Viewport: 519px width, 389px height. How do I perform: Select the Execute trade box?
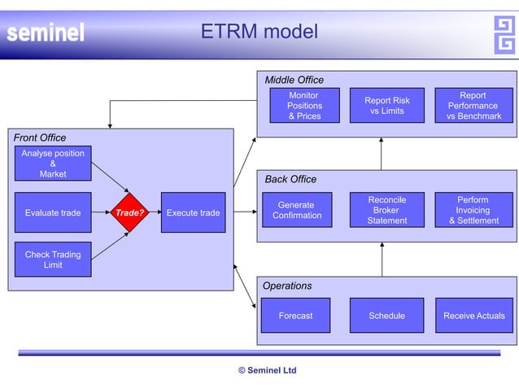(193, 213)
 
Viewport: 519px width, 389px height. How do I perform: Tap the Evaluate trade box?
(53, 213)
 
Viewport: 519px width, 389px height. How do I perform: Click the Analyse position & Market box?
(53, 164)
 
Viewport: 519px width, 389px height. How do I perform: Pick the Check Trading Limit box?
(53, 260)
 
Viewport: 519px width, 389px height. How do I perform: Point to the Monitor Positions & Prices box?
(304, 106)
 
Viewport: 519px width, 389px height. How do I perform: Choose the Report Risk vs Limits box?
(386, 106)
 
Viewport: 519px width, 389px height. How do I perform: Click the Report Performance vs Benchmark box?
(473, 106)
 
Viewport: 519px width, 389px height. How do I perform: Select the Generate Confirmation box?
(297, 210)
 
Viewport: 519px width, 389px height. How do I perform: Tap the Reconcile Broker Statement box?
(386, 210)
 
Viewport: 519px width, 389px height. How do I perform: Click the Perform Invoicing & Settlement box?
(473, 210)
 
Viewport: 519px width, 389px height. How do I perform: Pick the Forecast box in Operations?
(295, 316)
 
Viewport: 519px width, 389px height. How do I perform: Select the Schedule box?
(386, 316)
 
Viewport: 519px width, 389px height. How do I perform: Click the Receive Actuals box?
(473, 316)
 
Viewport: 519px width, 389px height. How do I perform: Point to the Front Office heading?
(40, 138)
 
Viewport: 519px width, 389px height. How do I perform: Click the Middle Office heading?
(294, 80)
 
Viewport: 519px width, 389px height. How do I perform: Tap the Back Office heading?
(290, 179)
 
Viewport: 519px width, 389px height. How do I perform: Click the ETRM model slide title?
(259, 32)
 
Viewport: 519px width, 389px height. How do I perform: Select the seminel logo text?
(46, 33)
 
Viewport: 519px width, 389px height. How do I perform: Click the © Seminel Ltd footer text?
(267, 370)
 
